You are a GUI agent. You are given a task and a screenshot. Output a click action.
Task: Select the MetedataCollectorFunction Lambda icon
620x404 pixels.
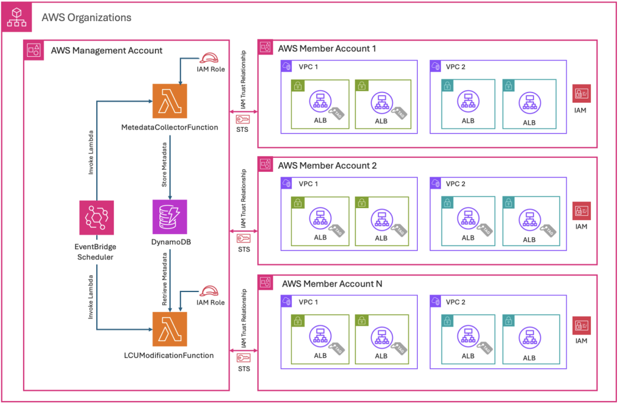click(170, 102)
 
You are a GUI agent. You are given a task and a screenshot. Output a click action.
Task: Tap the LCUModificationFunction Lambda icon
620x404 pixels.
click(170, 329)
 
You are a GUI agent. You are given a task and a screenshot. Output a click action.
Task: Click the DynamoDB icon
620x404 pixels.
click(170, 217)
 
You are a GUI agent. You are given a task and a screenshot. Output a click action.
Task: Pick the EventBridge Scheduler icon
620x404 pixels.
click(97, 218)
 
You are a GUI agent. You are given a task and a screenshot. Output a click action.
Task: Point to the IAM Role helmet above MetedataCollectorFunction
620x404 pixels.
click(210, 57)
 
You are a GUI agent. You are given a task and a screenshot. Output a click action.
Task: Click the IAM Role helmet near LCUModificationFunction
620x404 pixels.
click(210, 291)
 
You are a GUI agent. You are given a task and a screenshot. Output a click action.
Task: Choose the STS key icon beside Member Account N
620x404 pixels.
click(243, 359)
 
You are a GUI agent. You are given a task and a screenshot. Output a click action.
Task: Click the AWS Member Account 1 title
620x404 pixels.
click(323, 48)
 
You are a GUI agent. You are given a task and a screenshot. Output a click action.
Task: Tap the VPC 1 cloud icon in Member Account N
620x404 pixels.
click(286, 301)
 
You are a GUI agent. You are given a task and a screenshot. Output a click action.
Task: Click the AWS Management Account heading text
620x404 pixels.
click(107, 50)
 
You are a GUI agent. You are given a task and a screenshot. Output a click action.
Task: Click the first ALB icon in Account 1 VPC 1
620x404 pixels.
click(320, 101)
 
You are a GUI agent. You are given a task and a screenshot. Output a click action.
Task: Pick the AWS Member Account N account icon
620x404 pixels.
click(265, 282)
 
